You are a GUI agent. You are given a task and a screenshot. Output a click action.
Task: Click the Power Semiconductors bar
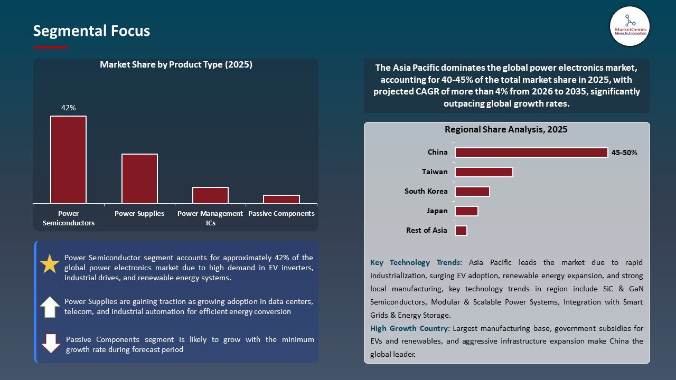pos(68,159)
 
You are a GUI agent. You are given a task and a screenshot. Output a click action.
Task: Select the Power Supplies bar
pos(139,178)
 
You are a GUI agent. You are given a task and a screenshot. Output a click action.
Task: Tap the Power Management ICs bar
pos(210,195)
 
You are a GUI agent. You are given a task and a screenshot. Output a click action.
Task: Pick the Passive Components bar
pos(281,199)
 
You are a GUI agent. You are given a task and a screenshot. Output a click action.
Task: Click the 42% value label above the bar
pos(68,108)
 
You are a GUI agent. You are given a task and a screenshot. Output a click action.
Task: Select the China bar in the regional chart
pos(531,153)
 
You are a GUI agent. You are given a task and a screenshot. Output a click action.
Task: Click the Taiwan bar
pos(484,172)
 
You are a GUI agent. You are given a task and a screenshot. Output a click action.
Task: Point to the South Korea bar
pos(472,191)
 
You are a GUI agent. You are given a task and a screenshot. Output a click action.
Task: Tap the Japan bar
pos(466,211)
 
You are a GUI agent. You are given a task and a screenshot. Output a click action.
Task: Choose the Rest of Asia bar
pos(461,231)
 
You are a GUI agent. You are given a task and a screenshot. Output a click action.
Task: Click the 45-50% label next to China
pos(624,153)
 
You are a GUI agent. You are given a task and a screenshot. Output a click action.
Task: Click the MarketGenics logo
pos(630,26)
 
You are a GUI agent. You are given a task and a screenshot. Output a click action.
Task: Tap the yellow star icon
pos(50,264)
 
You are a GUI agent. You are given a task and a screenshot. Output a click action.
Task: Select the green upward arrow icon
pos(50,307)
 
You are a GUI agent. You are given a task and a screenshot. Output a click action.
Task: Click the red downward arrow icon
pos(51,344)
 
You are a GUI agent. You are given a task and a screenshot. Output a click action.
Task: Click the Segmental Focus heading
pos(91,31)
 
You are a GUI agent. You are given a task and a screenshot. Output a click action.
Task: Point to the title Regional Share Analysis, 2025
pos(506,129)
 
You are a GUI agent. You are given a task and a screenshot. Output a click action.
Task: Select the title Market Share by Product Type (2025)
pos(176,65)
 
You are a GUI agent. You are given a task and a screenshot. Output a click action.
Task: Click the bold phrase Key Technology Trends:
pos(416,262)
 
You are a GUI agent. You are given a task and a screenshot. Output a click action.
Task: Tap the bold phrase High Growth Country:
pos(410,328)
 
